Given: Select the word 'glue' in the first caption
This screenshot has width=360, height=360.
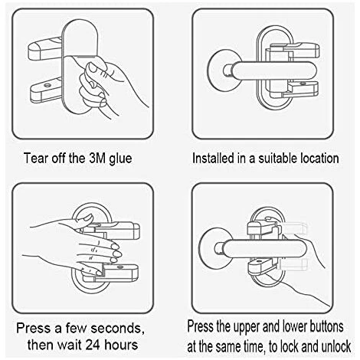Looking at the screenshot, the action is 120,159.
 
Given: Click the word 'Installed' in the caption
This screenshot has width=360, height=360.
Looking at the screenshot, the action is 214,159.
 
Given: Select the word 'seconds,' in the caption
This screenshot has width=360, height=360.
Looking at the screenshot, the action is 117,329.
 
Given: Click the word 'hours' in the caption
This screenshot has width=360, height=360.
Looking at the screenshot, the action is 121,345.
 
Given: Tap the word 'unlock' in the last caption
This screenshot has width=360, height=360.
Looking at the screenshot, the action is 336,347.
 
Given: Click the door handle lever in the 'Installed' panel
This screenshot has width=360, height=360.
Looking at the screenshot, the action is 272,70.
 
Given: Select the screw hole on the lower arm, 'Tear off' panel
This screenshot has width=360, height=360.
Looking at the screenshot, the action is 47,85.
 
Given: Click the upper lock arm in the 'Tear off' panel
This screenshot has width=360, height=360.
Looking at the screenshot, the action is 45,48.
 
